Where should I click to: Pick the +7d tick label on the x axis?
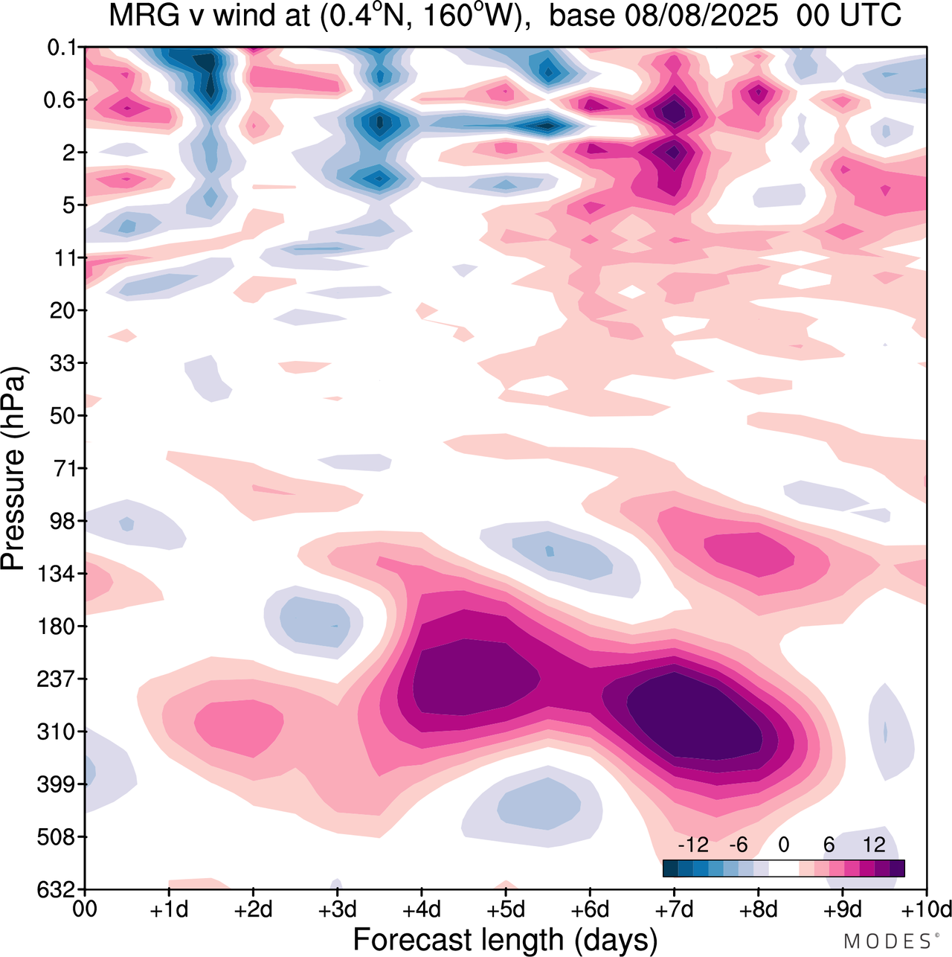674,909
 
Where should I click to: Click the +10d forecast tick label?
925,909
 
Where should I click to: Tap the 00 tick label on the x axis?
86,909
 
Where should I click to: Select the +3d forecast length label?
337,909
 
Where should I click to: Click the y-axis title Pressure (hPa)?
13,469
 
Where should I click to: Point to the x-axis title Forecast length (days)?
505,940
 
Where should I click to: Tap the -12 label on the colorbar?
693,845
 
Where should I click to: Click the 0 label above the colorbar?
784,845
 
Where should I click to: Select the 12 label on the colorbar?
875,845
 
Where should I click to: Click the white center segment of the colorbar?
784,868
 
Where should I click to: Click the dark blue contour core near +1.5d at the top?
211,82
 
